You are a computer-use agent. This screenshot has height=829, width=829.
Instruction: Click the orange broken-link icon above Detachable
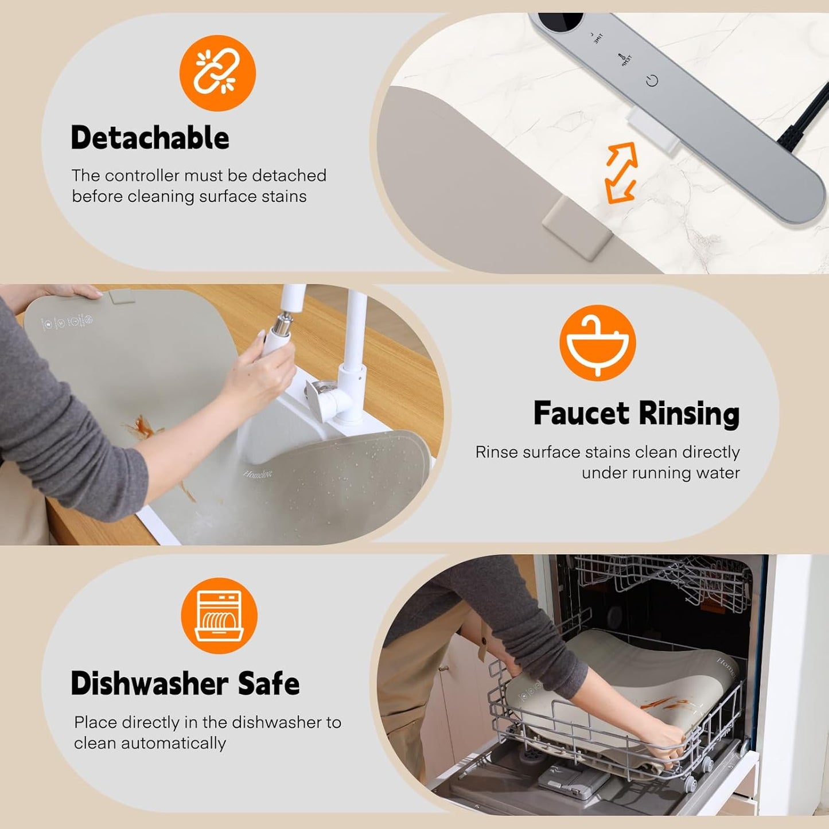pyautogui.click(x=217, y=73)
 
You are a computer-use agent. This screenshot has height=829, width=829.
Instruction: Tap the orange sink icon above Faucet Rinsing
pyautogui.click(x=597, y=343)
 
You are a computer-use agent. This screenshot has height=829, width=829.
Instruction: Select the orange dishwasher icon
pyautogui.click(x=219, y=616)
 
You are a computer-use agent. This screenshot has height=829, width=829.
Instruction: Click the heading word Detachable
pyautogui.click(x=150, y=138)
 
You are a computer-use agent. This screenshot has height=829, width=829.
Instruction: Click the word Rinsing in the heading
pyautogui.click(x=689, y=413)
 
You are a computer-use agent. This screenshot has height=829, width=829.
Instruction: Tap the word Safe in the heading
pyautogui.click(x=269, y=683)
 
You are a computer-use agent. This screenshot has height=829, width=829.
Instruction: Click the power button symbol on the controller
pyautogui.click(x=652, y=81)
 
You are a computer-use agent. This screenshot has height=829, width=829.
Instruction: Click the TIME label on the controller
pyautogui.click(x=597, y=38)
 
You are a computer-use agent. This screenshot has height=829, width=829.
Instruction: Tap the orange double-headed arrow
pyautogui.click(x=620, y=173)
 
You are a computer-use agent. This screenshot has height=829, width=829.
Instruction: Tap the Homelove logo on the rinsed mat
pyautogui.click(x=257, y=474)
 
